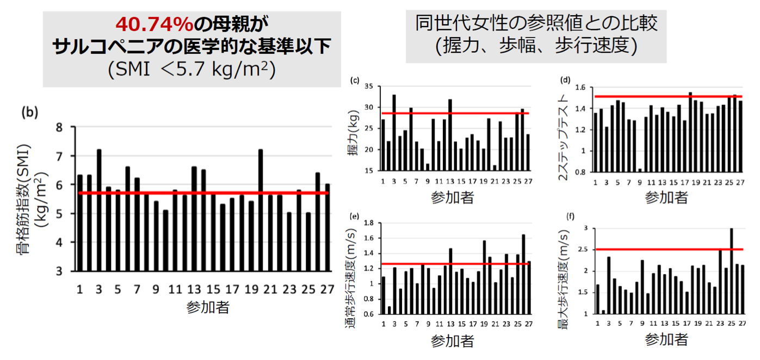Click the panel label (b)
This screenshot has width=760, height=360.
28,113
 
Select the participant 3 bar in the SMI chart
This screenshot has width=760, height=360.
99,209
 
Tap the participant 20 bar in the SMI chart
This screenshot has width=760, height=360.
261,209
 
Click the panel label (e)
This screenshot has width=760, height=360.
355,216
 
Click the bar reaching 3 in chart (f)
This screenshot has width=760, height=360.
731,271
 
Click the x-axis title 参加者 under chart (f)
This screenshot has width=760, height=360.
666,340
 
